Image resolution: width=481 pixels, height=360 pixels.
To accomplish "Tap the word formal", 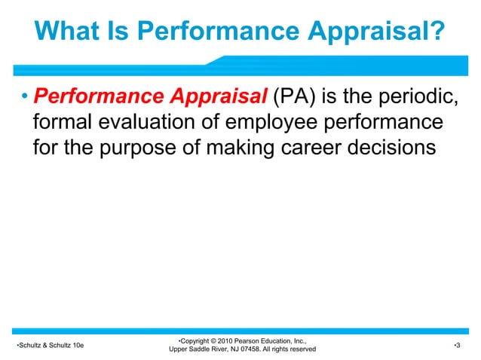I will (66, 122).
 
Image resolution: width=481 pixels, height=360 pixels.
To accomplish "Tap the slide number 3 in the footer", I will (458, 344).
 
